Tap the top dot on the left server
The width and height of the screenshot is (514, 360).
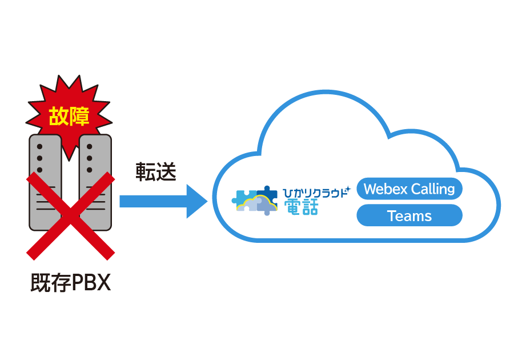[x=40, y=146]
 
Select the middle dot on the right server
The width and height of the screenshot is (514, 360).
[x=90, y=157]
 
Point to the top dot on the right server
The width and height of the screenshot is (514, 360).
[x=90, y=146]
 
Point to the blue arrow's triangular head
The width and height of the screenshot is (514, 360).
[x=196, y=201]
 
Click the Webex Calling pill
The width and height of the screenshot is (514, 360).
[x=409, y=189]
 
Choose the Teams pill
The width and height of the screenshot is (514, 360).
[x=409, y=215]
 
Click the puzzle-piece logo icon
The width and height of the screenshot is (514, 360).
[x=255, y=201]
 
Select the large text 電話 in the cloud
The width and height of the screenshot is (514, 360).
[x=301, y=206]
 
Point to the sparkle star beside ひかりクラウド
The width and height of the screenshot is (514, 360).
[x=348, y=189]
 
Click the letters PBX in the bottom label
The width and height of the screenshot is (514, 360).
[x=90, y=283]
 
